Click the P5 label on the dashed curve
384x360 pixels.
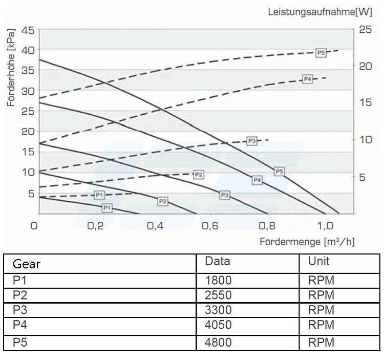click(321, 53)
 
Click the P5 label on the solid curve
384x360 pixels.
click(279, 172)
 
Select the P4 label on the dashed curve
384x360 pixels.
click(307, 79)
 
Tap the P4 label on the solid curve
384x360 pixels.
click(257, 180)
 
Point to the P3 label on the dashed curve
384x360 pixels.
click(251, 141)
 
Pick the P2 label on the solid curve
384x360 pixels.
click(162, 201)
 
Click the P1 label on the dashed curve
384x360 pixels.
click(99, 195)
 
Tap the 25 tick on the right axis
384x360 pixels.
click(365, 30)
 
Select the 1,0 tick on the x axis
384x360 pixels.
click(325, 225)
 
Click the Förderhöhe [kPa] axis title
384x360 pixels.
click(11, 68)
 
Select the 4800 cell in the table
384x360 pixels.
click(218, 342)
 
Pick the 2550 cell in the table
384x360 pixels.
click(218, 295)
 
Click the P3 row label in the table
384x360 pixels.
click(19, 310)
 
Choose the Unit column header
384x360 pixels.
click(318, 261)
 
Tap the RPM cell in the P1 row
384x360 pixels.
click(321, 281)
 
